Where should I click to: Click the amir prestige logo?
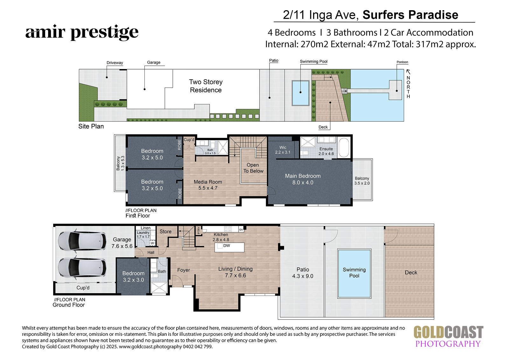click(82, 32)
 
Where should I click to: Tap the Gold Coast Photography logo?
click(448, 336)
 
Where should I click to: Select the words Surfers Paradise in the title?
click(410, 15)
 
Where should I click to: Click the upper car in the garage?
click(82, 241)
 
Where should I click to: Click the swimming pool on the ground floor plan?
click(354, 273)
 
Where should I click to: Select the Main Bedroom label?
click(303, 179)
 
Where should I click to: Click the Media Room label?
click(208, 185)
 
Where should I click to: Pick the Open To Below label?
click(253, 168)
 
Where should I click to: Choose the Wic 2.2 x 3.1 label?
click(283, 150)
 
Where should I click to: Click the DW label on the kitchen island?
click(227, 246)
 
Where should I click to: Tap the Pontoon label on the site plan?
click(402, 62)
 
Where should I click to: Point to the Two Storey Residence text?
click(206, 86)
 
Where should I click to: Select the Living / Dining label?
click(235, 272)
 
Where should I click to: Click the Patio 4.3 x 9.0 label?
click(303, 273)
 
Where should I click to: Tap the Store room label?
click(165, 231)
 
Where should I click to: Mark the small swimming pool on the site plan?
click(300, 93)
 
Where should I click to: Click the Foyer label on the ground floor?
click(183, 270)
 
